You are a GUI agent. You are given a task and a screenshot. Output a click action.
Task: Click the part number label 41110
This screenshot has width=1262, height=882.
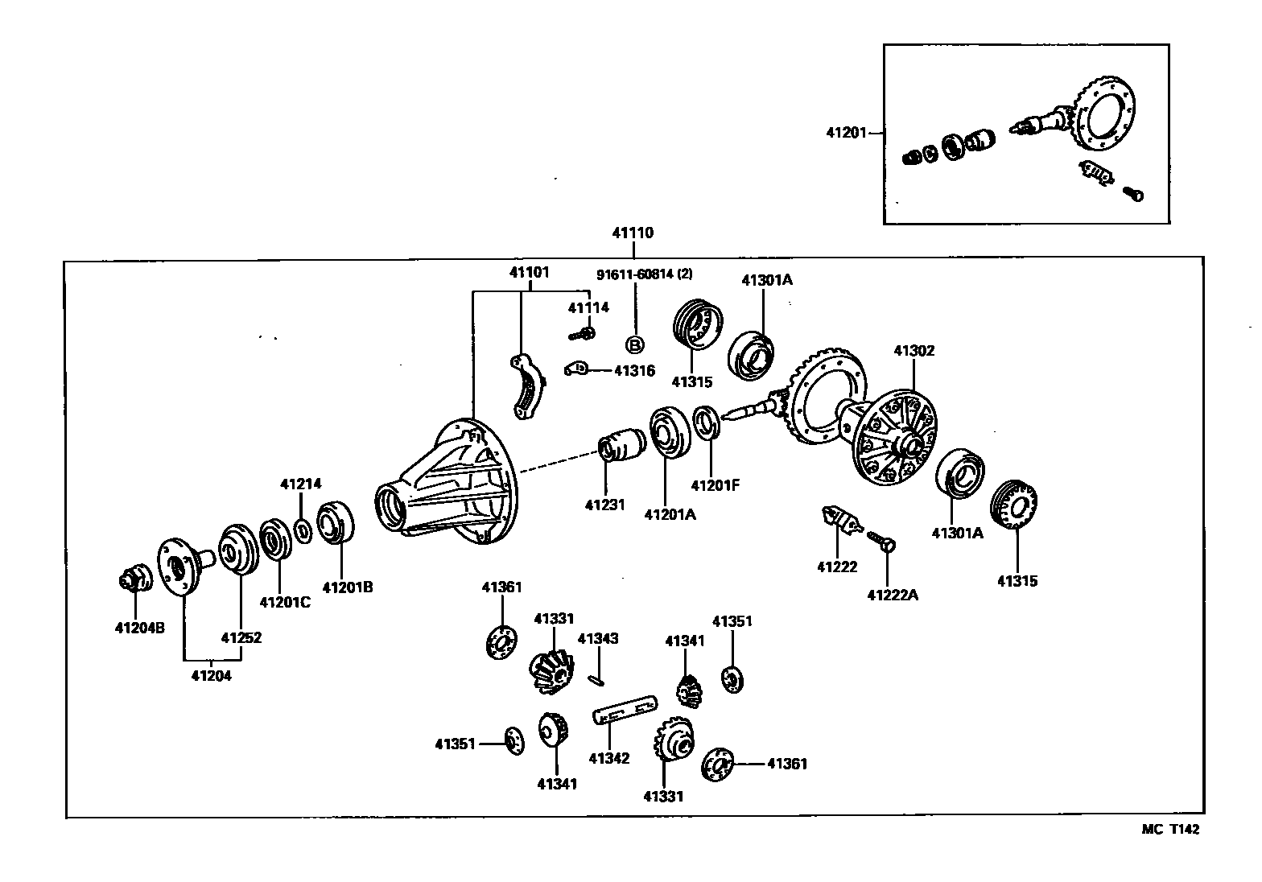633,233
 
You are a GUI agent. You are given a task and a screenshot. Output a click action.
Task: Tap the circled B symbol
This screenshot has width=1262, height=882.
635,345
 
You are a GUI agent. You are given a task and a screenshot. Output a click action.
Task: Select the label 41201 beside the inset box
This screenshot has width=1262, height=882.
846,132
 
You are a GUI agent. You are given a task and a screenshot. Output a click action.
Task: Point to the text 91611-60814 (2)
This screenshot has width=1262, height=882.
644,274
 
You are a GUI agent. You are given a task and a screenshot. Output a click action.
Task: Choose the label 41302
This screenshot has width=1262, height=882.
914,351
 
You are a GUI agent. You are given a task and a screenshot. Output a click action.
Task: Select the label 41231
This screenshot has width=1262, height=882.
605,505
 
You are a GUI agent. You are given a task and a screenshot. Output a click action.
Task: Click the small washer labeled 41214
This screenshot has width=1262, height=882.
303,531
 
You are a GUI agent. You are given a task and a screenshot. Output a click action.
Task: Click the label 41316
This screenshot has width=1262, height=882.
634,371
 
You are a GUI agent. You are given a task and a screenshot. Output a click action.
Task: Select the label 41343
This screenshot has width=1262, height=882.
598,639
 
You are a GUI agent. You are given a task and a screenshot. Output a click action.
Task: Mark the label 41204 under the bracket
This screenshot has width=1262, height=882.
211,676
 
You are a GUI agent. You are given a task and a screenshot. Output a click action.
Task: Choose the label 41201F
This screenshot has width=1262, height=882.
715,485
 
